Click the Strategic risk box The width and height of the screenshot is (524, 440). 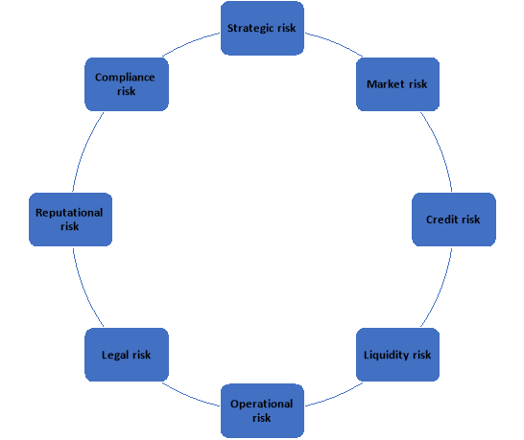tap(262, 28)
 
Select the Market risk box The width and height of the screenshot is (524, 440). tap(397, 84)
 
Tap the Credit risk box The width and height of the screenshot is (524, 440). tap(454, 220)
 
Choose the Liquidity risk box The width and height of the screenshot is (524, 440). tap(397, 355)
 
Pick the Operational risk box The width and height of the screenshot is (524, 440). tap(262, 410)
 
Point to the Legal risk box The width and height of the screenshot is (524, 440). tap(127, 355)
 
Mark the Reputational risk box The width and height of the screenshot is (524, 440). tap(70, 220)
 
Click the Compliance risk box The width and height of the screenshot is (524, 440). tap(127, 84)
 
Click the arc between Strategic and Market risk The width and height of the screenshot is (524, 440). tap(335, 43)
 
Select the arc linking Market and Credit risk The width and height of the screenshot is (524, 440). tap(441, 150)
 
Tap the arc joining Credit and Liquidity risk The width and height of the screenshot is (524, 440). tap(441, 289)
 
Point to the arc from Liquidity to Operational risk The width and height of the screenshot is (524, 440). tap(335, 396)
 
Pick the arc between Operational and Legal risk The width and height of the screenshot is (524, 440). tap(189, 396)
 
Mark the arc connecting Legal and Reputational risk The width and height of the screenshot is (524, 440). tap(84, 289)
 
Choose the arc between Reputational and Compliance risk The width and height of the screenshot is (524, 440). tap(84, 150)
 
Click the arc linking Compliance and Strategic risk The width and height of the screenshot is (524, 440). tap(189, 43)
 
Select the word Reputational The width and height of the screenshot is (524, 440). tap(69, 213)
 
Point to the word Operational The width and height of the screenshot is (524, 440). tap(262, 404)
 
